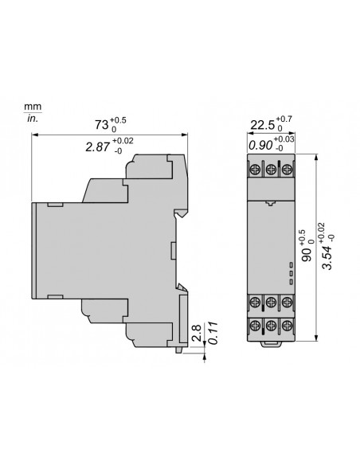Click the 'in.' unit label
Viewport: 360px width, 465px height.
pyautogui.click(x=33, y=119)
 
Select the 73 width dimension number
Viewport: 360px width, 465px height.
pyautogui.click(x=102, y=125)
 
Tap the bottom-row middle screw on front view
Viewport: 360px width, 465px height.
pyautogui.click(x=271, y=326)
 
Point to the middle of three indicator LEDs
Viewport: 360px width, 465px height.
pyautogui.click(x=292, y=272)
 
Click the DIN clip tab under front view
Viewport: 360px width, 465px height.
pyautogui.click(x=271, y=345)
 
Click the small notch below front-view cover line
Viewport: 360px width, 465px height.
pyautogui.click(x=271, y=203)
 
